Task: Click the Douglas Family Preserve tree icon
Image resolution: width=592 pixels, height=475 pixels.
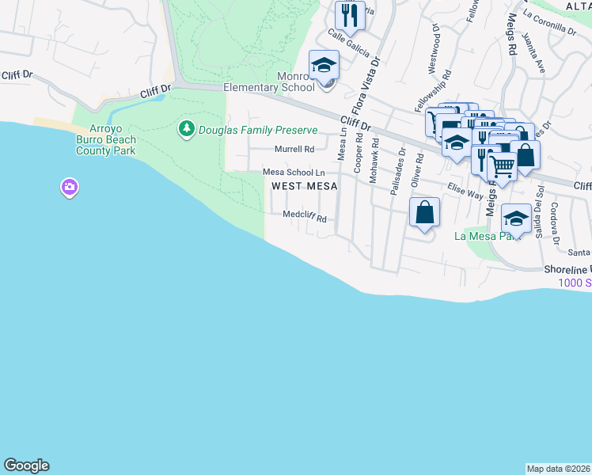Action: click(187, 129)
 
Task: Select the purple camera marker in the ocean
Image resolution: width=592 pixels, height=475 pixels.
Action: click(70, 188)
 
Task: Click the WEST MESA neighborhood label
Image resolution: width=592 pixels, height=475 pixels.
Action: click(305, 186)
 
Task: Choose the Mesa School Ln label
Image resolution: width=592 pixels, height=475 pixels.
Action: click(294, 172)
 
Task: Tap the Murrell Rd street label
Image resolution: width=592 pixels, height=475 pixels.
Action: click(294, 149)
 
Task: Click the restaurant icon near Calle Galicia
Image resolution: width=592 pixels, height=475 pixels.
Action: click(349, 14)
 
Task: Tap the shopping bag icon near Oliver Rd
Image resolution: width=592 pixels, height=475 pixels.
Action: click(424, 212)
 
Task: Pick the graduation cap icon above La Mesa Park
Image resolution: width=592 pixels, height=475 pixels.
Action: click(516, 218)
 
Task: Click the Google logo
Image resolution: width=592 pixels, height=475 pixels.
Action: click(26, 465)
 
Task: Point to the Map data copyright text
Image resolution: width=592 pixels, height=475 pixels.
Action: click(558, 468)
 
